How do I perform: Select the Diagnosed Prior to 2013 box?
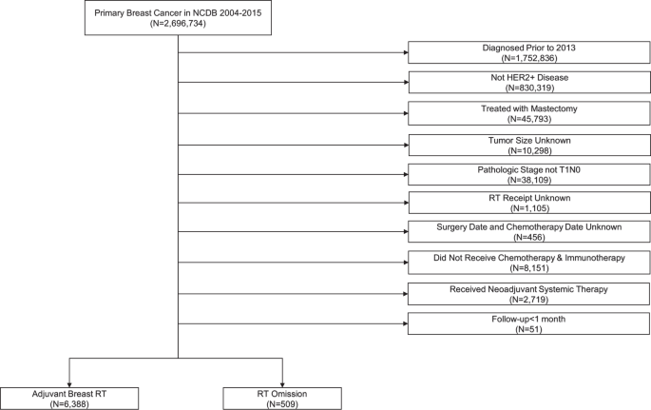pos(527,51)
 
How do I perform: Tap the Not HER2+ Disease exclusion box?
pos(527,82)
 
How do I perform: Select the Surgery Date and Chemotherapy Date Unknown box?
pos(527,233)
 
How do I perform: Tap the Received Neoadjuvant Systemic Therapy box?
pos(527,294)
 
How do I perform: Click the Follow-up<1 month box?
pos(527,324)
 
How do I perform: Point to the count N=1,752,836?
pos(527,57)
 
